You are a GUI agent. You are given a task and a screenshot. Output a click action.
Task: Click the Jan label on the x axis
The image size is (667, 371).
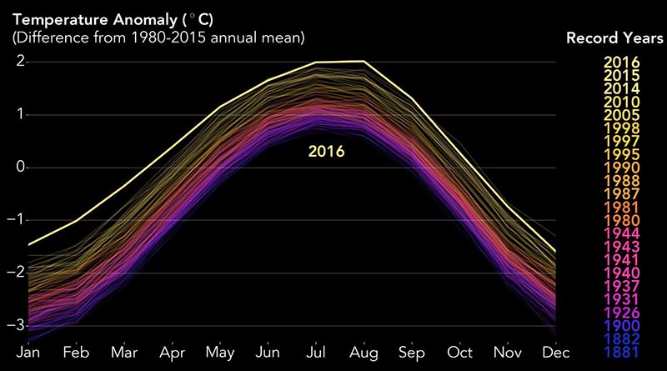pos(28,353)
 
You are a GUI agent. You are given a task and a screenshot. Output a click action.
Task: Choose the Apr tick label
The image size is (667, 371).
pos(173,353)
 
